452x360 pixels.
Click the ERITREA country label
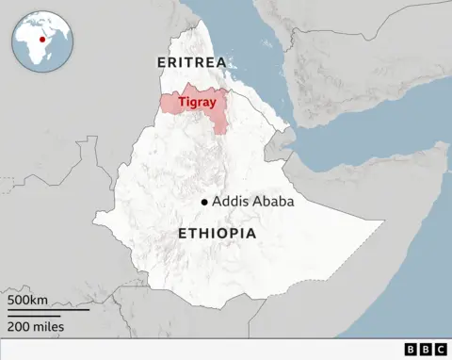[192, 62]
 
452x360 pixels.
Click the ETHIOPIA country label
[217, 233]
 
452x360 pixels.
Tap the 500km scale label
[27, 300]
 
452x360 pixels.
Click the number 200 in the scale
[19, 326]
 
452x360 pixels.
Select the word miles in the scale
[46, 326]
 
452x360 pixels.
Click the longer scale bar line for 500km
[47, 310]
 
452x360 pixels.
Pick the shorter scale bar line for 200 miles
[33, 315]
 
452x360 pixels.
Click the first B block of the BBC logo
[411, 350]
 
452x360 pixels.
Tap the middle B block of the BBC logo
[426, 350]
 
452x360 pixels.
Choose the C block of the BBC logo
[441, 350]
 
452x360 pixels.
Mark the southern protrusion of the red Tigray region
[219, 125]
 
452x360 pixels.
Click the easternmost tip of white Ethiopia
[384, 223]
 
